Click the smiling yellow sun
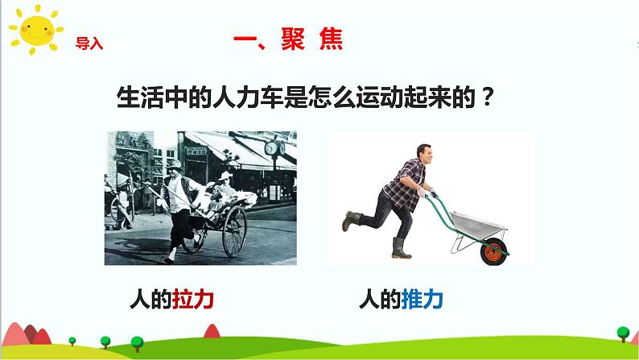click(x=36, y=29)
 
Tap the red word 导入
click(x=89, y=43)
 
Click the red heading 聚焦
click(x=312, y=39)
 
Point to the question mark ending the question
click(x=487, y=97)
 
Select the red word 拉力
click(x=193, y=300)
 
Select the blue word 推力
click(x=423, y=300)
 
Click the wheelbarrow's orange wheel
click(x=494, y=251)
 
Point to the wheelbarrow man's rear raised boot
click(x=350, y=220)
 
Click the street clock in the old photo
click(x=271, y=148)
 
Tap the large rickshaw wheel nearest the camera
click(x=234, y=231)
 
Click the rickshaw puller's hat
click(x=173, y=164)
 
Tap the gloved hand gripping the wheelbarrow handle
click(x=422, y=192)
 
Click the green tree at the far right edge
click(x=623, y=333)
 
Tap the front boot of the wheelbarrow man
click(x=400, y=248)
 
